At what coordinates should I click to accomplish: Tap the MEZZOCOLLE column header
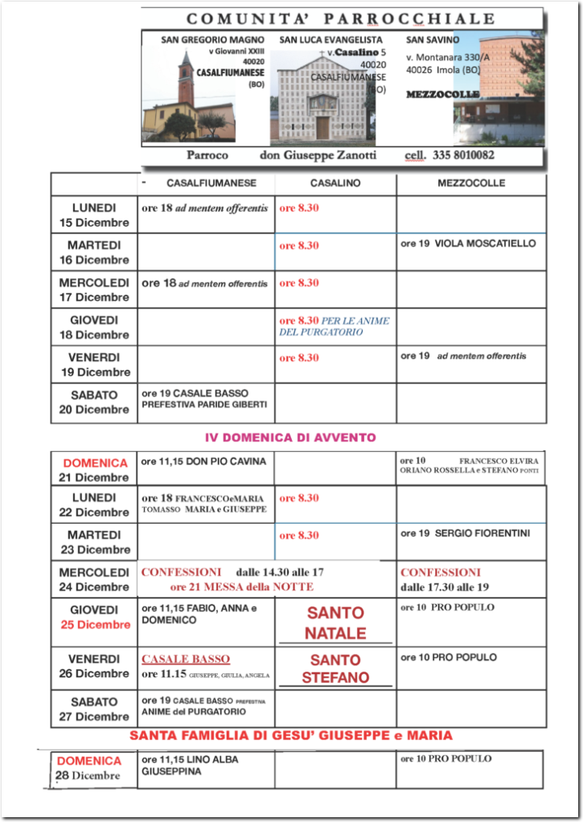[471, 183]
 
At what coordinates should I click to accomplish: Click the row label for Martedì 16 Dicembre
[94, 252]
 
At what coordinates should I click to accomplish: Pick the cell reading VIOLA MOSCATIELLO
[468, 243]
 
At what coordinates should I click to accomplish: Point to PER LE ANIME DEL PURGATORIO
[334, 326]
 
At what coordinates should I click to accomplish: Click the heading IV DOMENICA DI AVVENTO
[290, 438]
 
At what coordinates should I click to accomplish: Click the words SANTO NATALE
[335, 623]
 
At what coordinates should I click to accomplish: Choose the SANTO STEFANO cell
[335, 668]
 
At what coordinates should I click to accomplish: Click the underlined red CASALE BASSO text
[186, 659]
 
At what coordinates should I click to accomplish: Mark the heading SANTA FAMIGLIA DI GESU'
[291, 735]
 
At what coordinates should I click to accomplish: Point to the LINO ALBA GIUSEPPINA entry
[190, 765]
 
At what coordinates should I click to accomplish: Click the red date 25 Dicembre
[93, 625]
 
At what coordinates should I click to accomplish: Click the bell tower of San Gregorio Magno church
[186, 79]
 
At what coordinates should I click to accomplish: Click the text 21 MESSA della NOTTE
[230, 587]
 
